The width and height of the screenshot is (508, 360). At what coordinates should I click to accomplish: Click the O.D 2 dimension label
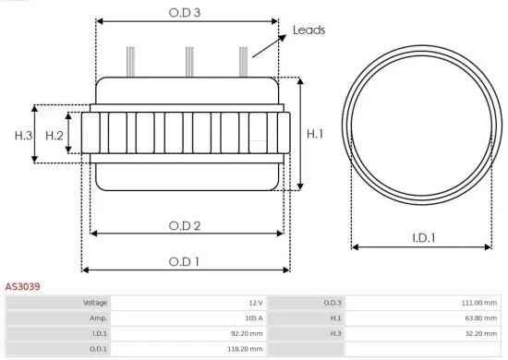click(x=186, y=225)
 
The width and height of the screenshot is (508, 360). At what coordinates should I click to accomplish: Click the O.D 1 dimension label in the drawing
click(x=186, y=261)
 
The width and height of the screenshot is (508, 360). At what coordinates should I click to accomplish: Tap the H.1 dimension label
click(x=315, y=134)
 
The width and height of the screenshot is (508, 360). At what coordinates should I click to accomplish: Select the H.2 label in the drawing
click(x=54, y=136)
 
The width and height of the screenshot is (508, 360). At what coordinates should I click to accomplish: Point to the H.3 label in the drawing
click(x=23, y=136)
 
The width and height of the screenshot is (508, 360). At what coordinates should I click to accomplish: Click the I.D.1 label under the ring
click(x=424, y=237)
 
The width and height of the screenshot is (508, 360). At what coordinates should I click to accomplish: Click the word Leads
click(x=308, y=30)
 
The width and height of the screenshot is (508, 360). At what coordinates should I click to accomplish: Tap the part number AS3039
click(x=22, y=287)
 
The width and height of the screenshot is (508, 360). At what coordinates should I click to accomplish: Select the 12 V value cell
click(x=255, y=303)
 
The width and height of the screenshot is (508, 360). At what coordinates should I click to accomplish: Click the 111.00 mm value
click(x=478, y=303)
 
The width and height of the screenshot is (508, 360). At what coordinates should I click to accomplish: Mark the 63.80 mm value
click(x=480, y=318)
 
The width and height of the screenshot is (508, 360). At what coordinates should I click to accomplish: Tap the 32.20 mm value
click(x=480, y=334)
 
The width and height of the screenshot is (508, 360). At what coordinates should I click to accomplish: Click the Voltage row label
click(x=95, y=303)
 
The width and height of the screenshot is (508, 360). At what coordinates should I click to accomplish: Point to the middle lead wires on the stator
click(x=188, y=61)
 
